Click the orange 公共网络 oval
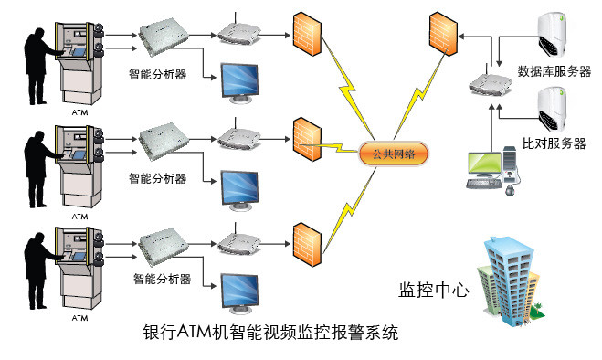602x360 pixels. pyautogui.click(x=390, y=153)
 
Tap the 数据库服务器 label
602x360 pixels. pyautogui.click(x=554, y=71)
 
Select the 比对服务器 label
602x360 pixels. pyautogui.click(x=554, y=143)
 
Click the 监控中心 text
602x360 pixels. pyautogui.click(x=433, y=291)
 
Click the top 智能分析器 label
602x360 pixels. pyautogui.click(x=158, y=74)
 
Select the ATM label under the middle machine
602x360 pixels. pyautogui.click(x=79, y=217)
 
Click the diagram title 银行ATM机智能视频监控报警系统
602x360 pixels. pyautogui.click(x=271, y=333)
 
